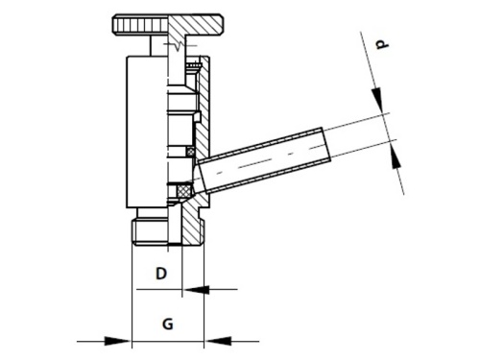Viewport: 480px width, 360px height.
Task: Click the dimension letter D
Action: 161,274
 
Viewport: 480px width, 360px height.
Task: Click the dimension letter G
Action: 168,324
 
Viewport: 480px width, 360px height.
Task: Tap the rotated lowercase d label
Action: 381,44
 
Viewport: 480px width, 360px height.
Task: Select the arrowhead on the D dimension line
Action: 196,290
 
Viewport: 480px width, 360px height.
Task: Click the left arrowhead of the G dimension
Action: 117,341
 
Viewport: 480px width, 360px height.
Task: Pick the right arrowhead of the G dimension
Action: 218,341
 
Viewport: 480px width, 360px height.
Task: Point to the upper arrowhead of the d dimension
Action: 377,100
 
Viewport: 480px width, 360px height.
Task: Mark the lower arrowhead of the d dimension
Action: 396,156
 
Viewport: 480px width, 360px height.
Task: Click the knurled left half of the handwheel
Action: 140,24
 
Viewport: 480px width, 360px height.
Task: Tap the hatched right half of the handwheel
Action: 196,24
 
